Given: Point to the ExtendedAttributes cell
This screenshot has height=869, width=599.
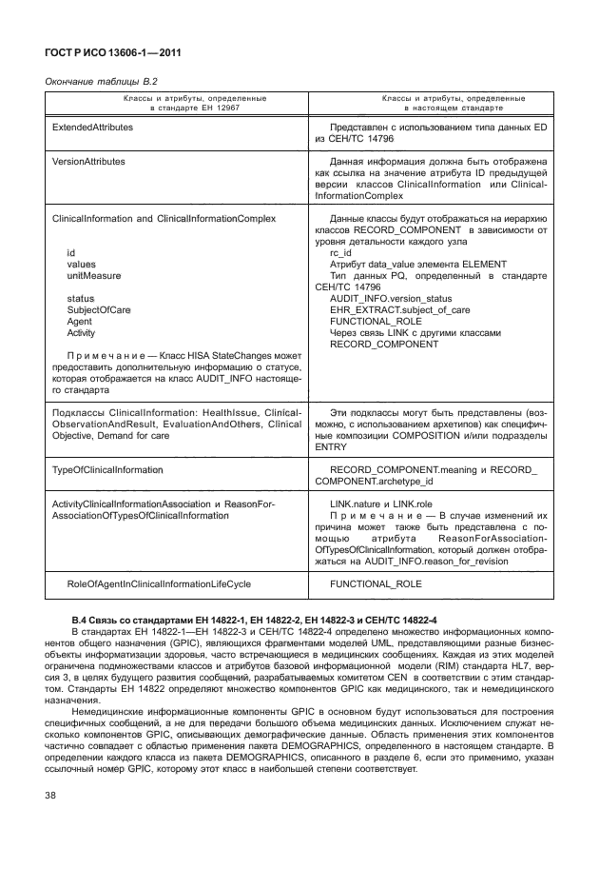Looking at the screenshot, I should click(x=93, y=126).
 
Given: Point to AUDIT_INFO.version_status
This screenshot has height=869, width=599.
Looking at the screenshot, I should click(x=385, y=298).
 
